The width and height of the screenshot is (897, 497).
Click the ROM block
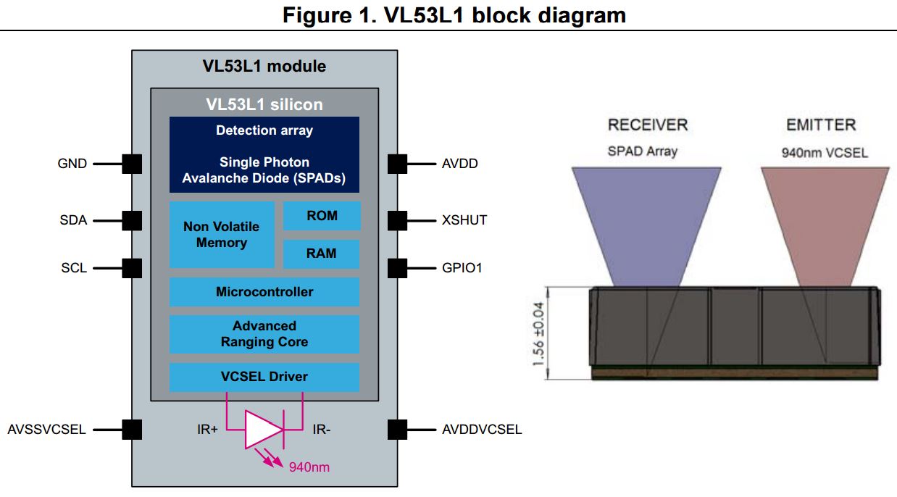click(x=322, y=216)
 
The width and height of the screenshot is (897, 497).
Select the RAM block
click(x=322, y=254)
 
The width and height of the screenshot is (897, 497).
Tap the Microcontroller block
click(x=264, y=292)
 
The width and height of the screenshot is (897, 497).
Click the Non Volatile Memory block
click(x=222, y=235)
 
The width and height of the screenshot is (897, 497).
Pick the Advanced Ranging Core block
click(x=264, y=334)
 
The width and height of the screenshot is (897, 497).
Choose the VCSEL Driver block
click(x=264, y=377)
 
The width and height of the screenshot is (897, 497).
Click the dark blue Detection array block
click(x=264, y=154)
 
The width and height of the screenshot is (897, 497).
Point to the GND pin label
click(x=72, y=164)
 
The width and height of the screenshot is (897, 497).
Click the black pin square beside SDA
click(x=132, y=220)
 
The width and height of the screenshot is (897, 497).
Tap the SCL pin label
click(x=74, y=268)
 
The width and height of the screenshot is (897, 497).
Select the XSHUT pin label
click(x=464, y=220)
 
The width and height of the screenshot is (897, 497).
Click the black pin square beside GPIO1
click(x=397, y=268)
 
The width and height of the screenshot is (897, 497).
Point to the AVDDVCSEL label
click(x=482, y=430)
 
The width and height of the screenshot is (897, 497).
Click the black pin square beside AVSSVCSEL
click(x=132, y=430)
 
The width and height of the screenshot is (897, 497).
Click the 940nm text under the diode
click(x=309, y=467)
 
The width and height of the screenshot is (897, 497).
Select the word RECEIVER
click(x=648, y=125)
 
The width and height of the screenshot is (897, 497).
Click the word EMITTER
click(x=821, y=125)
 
